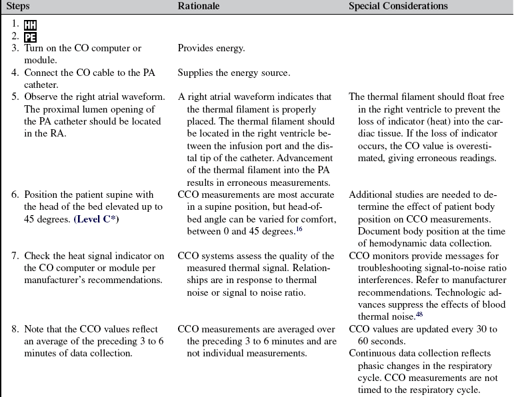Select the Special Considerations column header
tap(398, 6)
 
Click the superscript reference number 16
tap(301, 228)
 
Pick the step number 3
tap(15, 49)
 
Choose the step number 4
tap(15, 73)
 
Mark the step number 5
tap(15, 97)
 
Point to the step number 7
tap(15, 256)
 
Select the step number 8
tap(15, 329)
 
